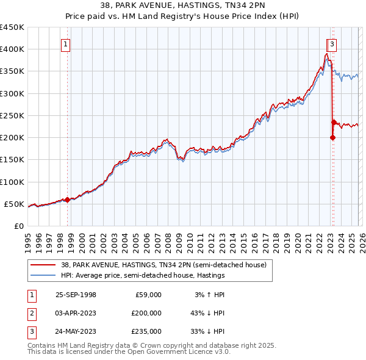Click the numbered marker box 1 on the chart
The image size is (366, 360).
point(65,44)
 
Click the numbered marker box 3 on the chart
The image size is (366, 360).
point(332,44)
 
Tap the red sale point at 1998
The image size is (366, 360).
point(67,200)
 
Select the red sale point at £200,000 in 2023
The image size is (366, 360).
point(332,137)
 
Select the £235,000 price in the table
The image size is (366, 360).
point(146,331)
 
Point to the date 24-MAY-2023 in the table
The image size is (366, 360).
point(76,331)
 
